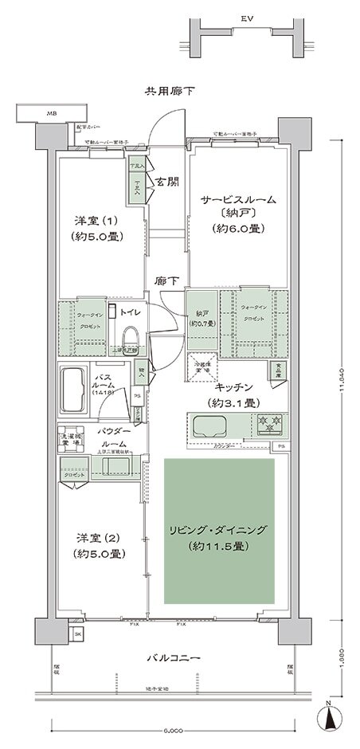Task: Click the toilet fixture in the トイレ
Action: pyautogui.click(x=130, y=335)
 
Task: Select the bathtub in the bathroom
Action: pyautogui.click(x=72, y=389)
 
